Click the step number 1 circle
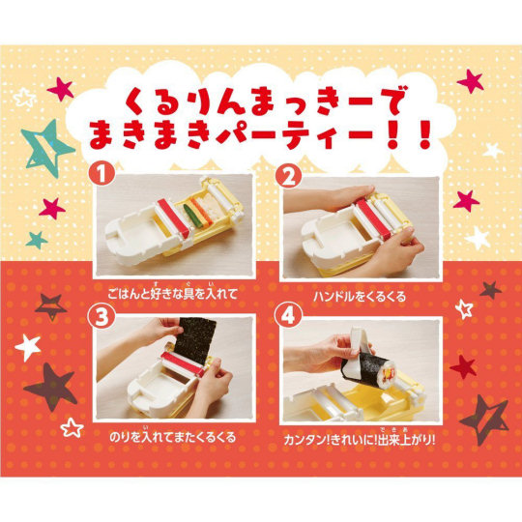[x=101, y=174]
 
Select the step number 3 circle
[x=101, y=317]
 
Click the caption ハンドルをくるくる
[x=360, y=296]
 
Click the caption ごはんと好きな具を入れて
[x=173, y=293]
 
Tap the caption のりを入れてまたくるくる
[x=173, y=436]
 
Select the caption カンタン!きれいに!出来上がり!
[x=360, y=439]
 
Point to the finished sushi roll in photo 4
[x=362, y=369]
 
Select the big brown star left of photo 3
[x=51, y=387]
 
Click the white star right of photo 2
[x=478, y=238]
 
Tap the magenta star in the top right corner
[x=470, y=81]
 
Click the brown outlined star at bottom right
[x=483, y=419]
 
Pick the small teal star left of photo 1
[x=37, y=240]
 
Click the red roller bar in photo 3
[x=182, y=362]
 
